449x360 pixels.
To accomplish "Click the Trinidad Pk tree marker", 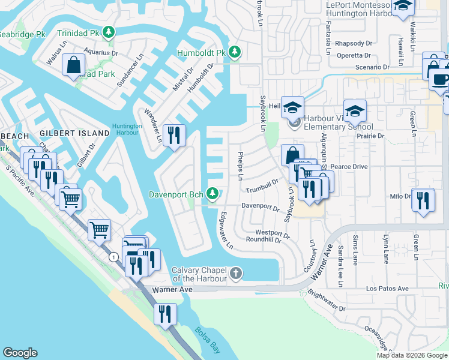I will click(109, 31).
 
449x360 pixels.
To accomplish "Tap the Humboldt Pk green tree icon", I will click(234, 53).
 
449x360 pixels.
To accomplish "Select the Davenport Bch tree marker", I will click(212, 193).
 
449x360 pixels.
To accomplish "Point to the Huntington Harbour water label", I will click(127, 130).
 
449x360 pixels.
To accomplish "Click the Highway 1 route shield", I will click(113, 257).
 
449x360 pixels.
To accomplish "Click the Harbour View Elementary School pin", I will click(294, 123).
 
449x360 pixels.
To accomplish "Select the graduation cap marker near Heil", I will click(293, 107).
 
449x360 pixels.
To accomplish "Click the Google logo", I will click(20, 353).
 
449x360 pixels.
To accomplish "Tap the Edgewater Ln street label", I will click(226, 230).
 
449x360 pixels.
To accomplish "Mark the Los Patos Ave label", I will click(388, 289).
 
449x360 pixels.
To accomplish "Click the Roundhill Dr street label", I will click(264, 239).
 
